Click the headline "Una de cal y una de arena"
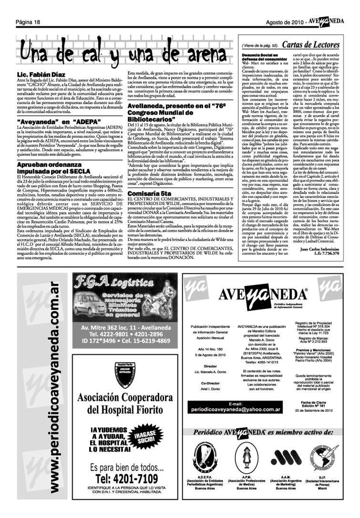tap(123, 52)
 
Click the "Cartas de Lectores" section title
tap(310, 45)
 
